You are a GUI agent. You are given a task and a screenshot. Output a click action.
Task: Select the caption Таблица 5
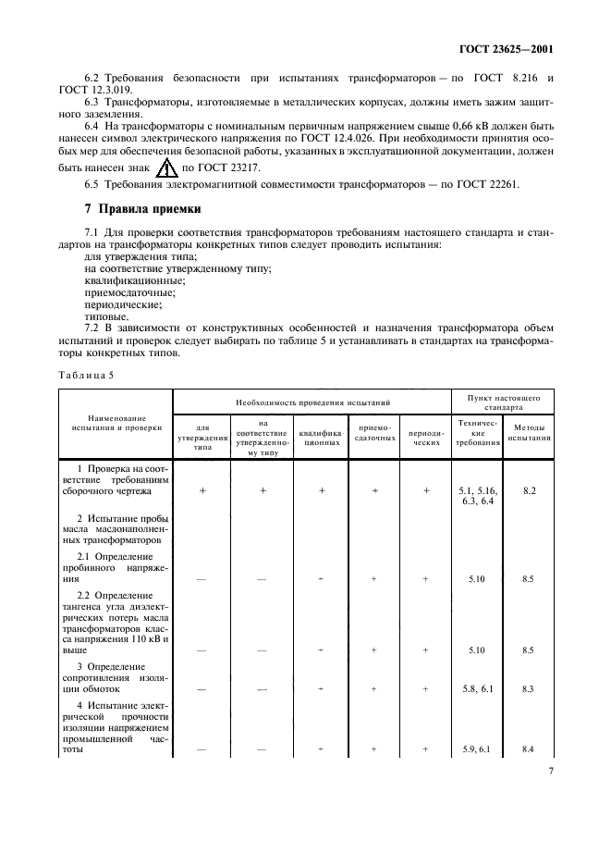(x=86, y=376)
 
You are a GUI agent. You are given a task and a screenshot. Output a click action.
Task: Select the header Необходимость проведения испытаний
(x=312, y=402)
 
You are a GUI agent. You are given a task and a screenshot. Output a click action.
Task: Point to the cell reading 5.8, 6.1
(x=477, y=689)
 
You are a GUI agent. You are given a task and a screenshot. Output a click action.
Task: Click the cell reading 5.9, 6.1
(x=477, y=749)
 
